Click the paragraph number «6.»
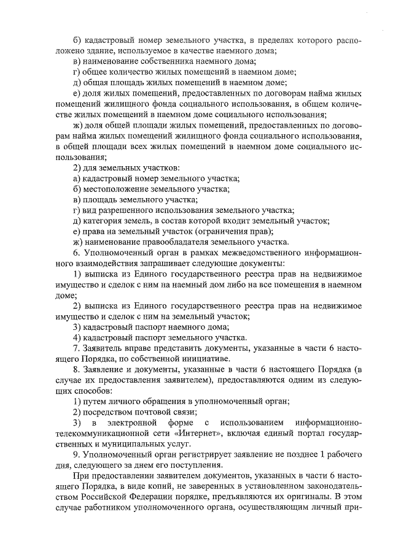(x=76, y=253)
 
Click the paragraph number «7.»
(x=76, y=348)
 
